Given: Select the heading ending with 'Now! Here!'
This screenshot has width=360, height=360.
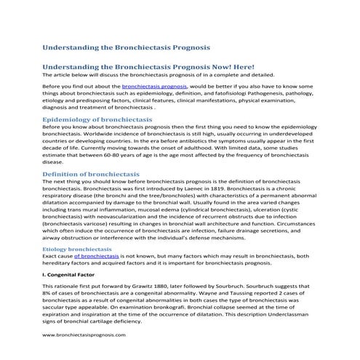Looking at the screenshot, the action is pyautogui.click(x=148, y=67).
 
